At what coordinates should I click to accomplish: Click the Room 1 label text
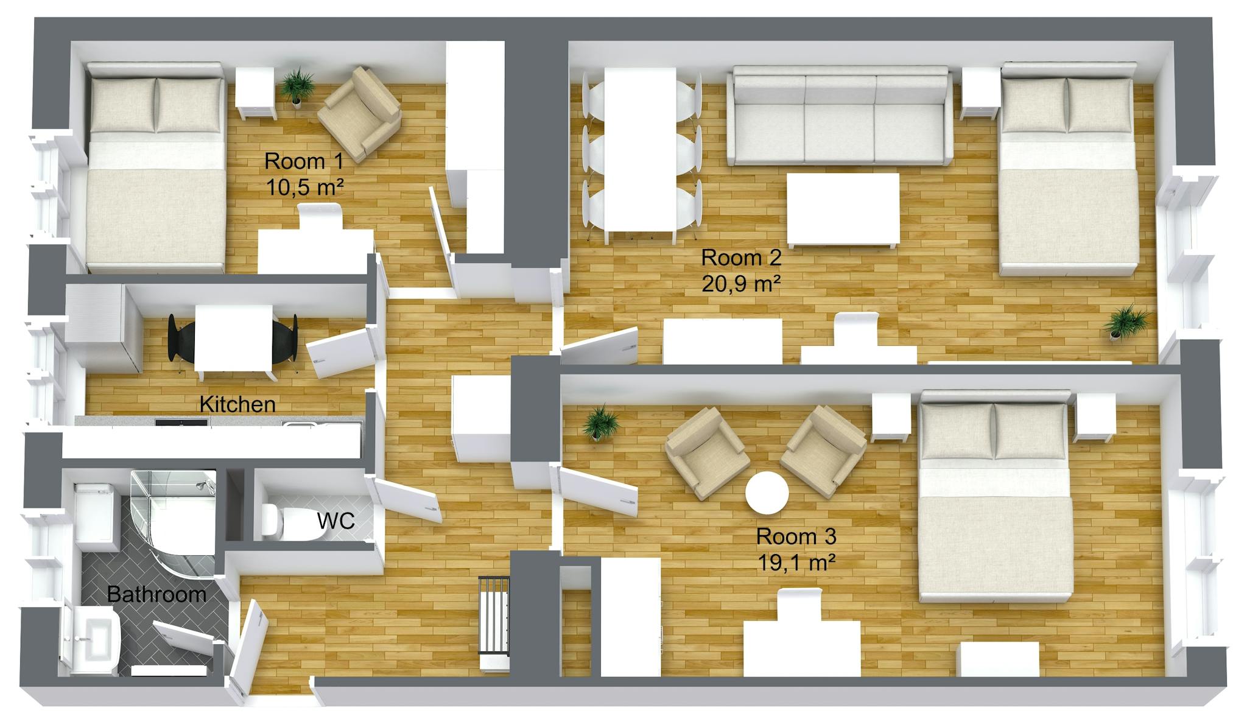click(304, 161)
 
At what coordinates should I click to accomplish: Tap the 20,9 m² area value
click(741, 284)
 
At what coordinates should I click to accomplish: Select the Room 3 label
click(796, 536)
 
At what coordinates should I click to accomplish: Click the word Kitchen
click(237, 404)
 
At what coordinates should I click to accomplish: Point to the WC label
click(336, 521)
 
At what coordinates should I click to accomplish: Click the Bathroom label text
click(156, 594)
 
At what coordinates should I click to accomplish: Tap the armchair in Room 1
click(362, 114)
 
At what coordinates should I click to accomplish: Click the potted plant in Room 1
click(297, 86)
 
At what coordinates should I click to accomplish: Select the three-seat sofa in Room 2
click(840, 116)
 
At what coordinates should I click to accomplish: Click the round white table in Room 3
click(767, 493)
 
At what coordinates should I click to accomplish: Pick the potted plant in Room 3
click(599, 421)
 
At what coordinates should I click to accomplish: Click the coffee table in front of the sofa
click(843, 210)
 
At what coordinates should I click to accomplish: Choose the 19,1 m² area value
click(796, 563)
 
